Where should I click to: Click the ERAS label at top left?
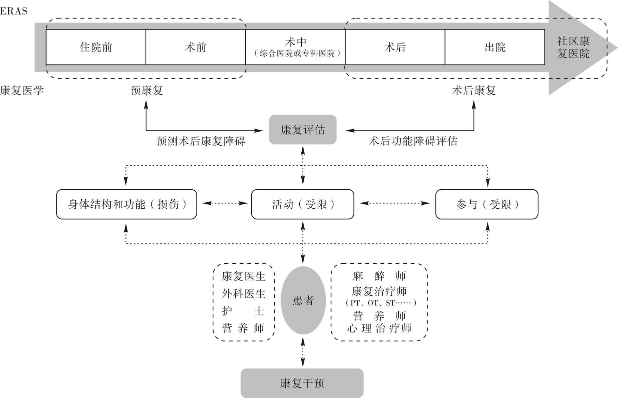click(14, 11)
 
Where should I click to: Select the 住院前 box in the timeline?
click(96, 47)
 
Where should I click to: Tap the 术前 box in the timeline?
click(196, 47)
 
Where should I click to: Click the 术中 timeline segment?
click(295, 47)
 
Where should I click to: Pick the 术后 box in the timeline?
click(395, 47)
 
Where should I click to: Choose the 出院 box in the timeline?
click(495, 47)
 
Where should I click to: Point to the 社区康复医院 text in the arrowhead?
click(573, 47)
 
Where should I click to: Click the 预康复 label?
click(147, 91)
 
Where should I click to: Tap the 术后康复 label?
click(474, 91)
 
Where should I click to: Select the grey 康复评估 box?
click(303, 130)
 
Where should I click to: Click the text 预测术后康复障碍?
click(201, 141)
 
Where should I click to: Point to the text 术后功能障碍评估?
click(413, 141)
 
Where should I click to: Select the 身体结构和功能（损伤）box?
click(126, 204)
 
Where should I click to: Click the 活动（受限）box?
click(303, 204)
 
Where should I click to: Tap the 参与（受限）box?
click(487, 204)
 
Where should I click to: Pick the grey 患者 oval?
click(303, 300)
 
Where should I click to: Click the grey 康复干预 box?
click(302, 383)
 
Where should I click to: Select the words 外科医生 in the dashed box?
click(244, 294)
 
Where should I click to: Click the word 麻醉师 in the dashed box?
click(379, 276)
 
